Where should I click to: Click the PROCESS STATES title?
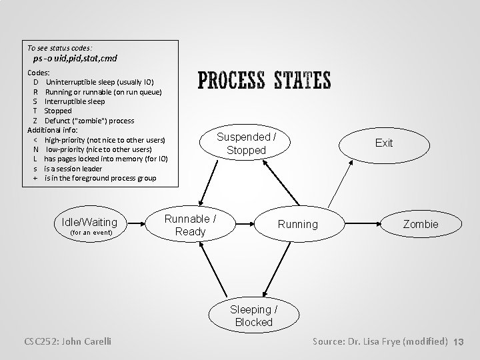264,81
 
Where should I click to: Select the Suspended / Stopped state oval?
246,143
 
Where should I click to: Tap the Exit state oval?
384,143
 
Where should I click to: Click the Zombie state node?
421,224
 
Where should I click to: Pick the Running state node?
297,224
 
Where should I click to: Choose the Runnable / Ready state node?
190,225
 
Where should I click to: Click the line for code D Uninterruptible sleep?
93,81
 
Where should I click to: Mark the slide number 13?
458,342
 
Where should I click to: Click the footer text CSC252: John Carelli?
66,341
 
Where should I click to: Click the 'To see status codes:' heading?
59,48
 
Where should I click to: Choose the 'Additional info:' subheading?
52,130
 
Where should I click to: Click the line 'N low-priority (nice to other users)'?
93,149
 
